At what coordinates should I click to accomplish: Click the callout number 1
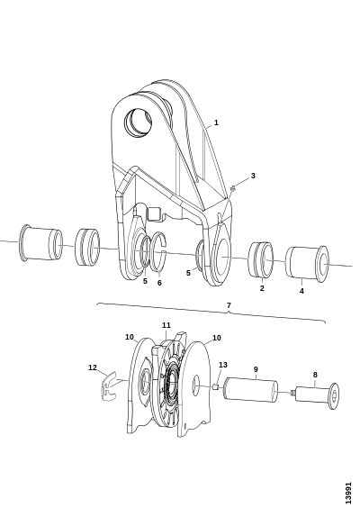coord(216,122)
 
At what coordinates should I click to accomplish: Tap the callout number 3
coord(253,176)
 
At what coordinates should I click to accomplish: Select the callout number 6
coord(159,283)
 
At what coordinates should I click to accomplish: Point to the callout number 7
coord(229,305)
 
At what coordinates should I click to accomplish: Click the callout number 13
coord(223,365)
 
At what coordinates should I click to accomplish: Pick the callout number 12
coord(93,367)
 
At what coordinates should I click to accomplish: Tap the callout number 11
coord(166,325)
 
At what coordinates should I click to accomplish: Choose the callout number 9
coord(256,369)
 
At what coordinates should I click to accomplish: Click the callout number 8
coord(315,375)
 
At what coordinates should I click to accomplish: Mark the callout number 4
coord(301,291)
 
